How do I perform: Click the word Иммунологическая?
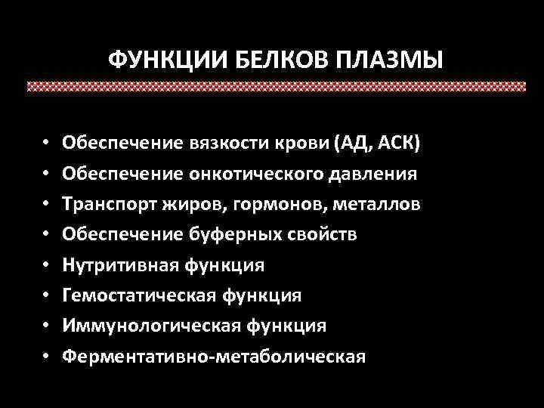(x=144, y=326)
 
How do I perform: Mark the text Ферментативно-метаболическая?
(x=214, y=356)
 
